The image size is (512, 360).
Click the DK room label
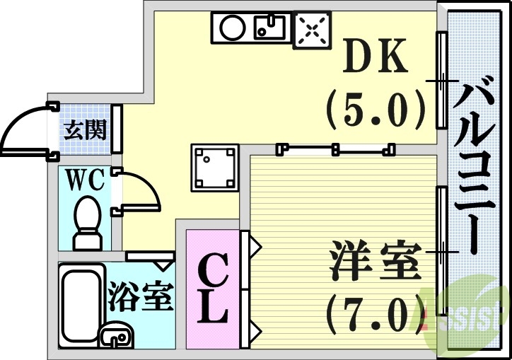[376, 58]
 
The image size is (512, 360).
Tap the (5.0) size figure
[375, 109]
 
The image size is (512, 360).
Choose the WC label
[86, 180]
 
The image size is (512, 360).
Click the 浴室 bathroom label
[141, 297]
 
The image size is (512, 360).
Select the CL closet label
[212, 288]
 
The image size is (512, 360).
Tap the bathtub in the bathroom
[80, 304]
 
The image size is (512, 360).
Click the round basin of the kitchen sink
[231, 29]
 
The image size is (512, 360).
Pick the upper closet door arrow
[254, 248]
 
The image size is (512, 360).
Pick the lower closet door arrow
[254, 330]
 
